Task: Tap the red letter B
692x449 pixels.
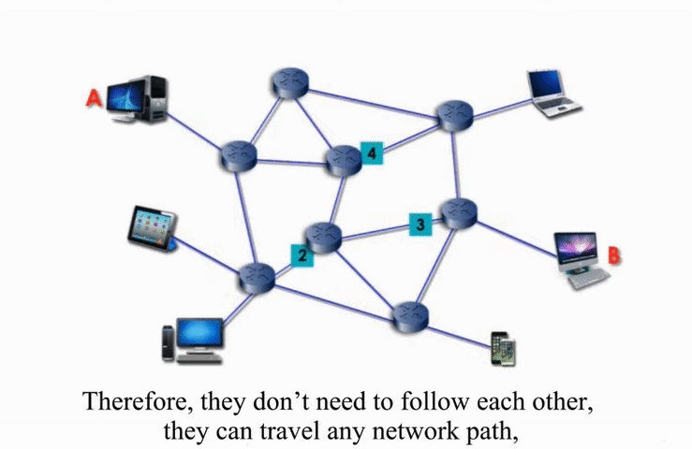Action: coord(615,254)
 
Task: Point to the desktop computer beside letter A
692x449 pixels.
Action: coord(137,98)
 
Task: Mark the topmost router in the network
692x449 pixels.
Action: coord(287,84)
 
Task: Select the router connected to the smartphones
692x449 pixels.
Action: coord(409,315)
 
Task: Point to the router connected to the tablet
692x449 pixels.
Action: coord(256,275)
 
